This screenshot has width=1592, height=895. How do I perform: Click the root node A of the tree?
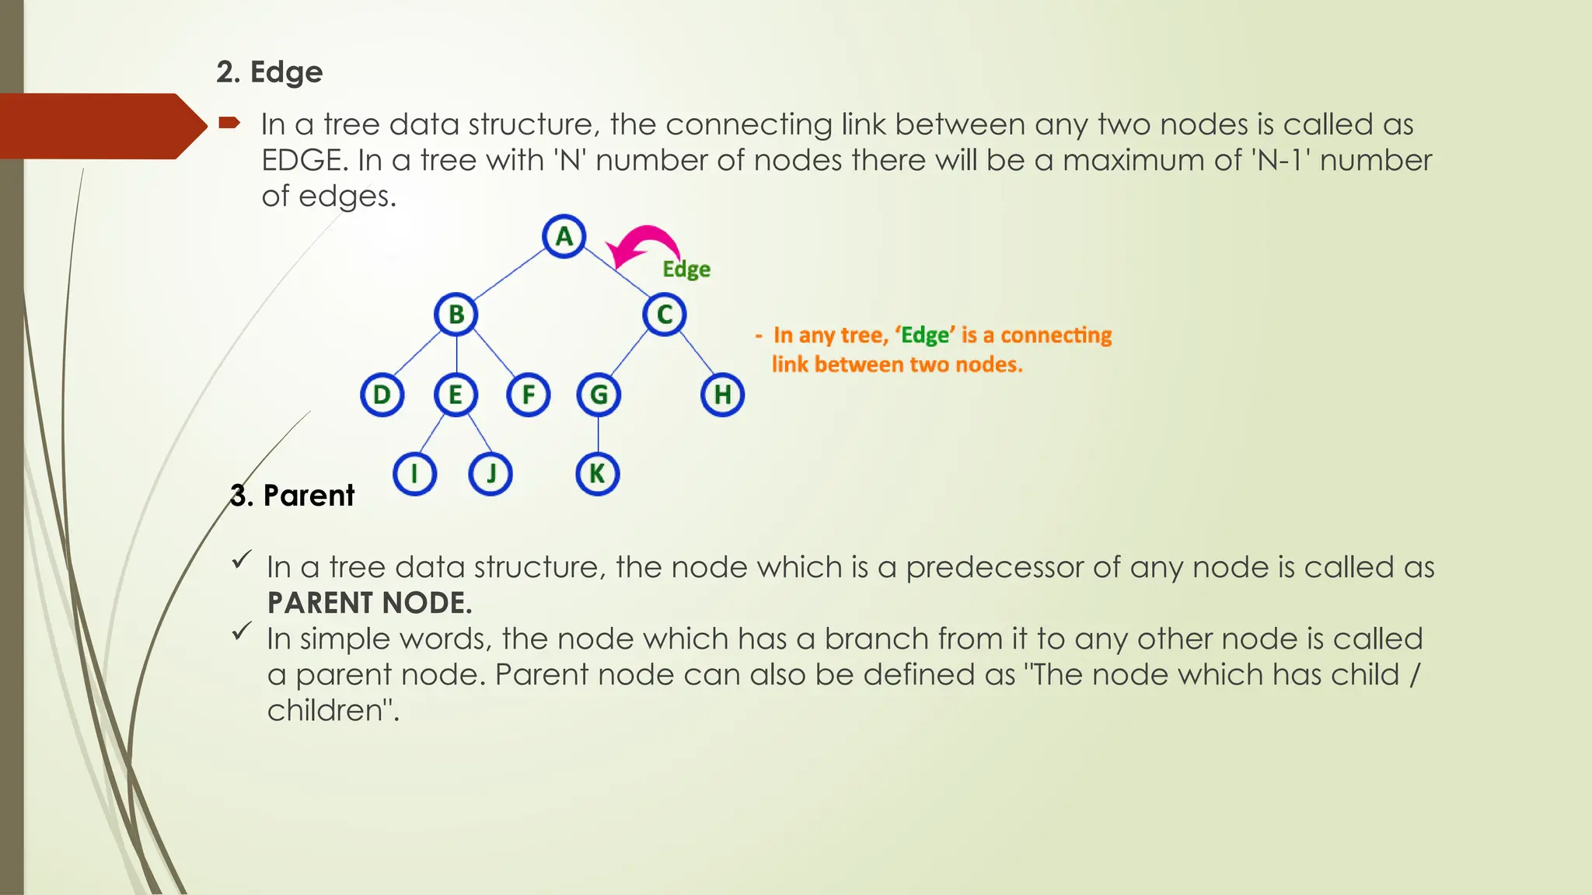[564, 236]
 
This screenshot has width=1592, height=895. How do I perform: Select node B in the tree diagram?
[456, 315]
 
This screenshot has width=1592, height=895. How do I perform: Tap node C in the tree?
[664, 315]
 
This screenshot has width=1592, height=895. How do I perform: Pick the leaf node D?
[382, 395]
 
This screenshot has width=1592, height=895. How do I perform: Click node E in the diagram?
[456, 395]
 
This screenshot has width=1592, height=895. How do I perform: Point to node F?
[529, 395]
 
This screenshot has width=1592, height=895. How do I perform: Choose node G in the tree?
[598, 395]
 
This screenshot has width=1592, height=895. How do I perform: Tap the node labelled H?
[722, 395]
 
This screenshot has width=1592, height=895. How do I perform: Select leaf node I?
[414, 473]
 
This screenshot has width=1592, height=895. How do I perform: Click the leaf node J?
[491, 473]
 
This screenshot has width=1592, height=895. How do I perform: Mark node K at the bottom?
[597, 473]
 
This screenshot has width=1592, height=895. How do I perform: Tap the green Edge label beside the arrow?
[686, 270]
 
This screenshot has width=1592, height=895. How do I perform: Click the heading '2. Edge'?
[270, 72]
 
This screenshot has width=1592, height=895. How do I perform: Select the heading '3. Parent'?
[292, 496]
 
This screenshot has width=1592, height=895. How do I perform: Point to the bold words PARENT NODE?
[369, 603]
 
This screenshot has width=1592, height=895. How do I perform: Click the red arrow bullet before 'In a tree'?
[229, 123]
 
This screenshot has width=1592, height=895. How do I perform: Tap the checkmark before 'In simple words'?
[242, 631]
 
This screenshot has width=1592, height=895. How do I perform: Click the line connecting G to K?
[598, 434]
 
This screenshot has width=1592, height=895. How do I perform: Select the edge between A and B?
[509, 275]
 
